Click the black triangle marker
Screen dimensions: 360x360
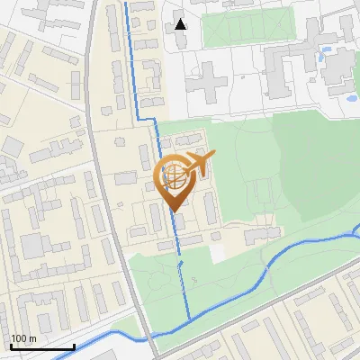pyautogui.click(x=181, y=23)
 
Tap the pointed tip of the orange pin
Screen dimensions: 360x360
pyautogui.click(x=175, y=210)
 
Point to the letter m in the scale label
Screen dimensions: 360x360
pyautogui.click(x=32, y=339)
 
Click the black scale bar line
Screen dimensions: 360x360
pyautogui.click(x=42, y=346)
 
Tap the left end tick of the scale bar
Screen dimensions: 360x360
pyautogui.click(x=11, y=345)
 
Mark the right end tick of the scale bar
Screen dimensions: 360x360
pyautogui.click(x=74, y=345)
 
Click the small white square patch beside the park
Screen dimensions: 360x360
pyautogui.click(x=219, y=254)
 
